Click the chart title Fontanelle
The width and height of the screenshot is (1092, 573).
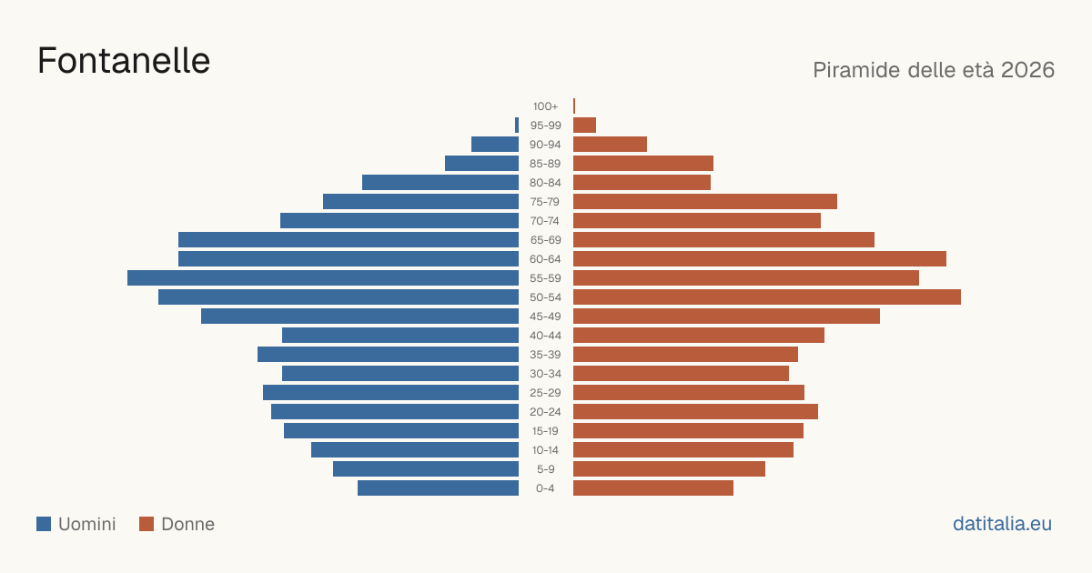124,61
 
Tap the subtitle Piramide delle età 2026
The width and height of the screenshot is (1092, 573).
934,70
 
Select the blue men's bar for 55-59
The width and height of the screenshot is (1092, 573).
323,277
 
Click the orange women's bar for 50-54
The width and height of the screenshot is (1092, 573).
767,297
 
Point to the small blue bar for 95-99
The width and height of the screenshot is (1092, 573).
517,125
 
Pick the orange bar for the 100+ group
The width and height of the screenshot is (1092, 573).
574,106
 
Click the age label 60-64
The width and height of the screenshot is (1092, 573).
545,259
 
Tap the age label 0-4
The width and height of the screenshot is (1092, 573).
545,488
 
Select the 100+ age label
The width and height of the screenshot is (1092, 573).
545,106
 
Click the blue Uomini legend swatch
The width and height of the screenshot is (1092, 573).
44,524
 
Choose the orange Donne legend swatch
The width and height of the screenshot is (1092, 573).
147,524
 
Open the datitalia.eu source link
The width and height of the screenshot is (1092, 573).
1002,524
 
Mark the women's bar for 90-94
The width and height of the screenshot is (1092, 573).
610,145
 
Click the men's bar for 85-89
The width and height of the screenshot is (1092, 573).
481,163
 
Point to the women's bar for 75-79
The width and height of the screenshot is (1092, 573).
705,201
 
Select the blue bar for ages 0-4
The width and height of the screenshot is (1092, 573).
439,488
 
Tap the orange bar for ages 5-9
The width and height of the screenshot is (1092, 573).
670,468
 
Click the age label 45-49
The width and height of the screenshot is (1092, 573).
545,317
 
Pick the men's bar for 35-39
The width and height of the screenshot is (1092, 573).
388,354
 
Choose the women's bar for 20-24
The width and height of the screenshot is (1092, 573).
695,412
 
